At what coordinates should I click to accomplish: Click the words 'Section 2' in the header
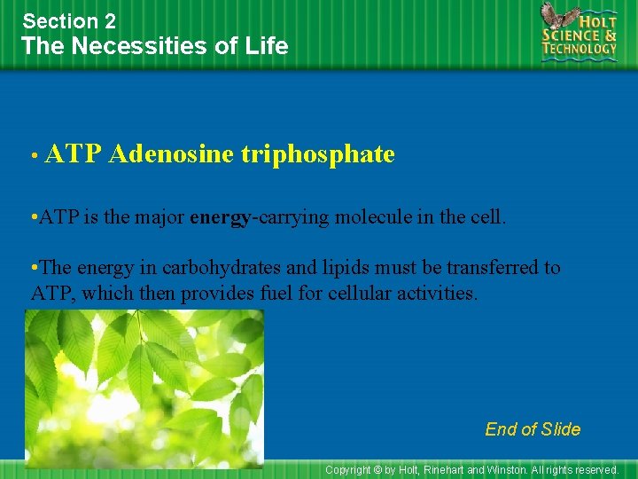[x=69, y=20]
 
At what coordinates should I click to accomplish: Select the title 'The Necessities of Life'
[x=155, y=46]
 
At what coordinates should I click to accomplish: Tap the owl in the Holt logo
[x=556, y=20]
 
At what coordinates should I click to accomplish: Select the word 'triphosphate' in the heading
[x=317, y=154]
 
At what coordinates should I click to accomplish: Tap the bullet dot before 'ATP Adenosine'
[x=33, y=156]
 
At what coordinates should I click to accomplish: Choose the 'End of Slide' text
[x=533, y=429]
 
